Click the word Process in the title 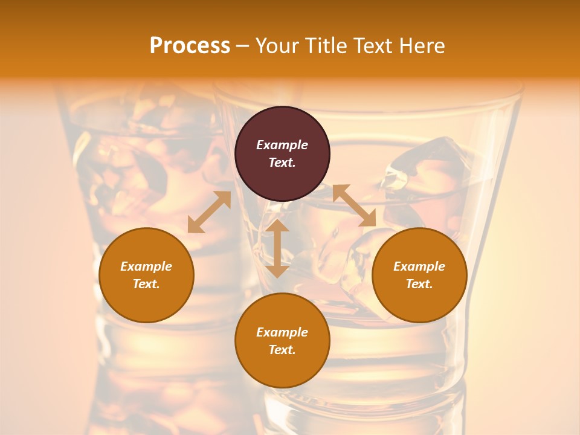[190, 46]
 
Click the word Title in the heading [323, 46]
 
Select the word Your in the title [278, 46]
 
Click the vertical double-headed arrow [277, 248]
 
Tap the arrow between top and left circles [209, 212]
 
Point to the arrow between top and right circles [354, 206]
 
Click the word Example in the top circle [282, 145]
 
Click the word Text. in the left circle [146, 284]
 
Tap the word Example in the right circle [419, 266]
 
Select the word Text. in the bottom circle [282, 350]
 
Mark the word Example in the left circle [146, 266]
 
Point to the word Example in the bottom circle [282, 332]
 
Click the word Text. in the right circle [419, 284]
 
